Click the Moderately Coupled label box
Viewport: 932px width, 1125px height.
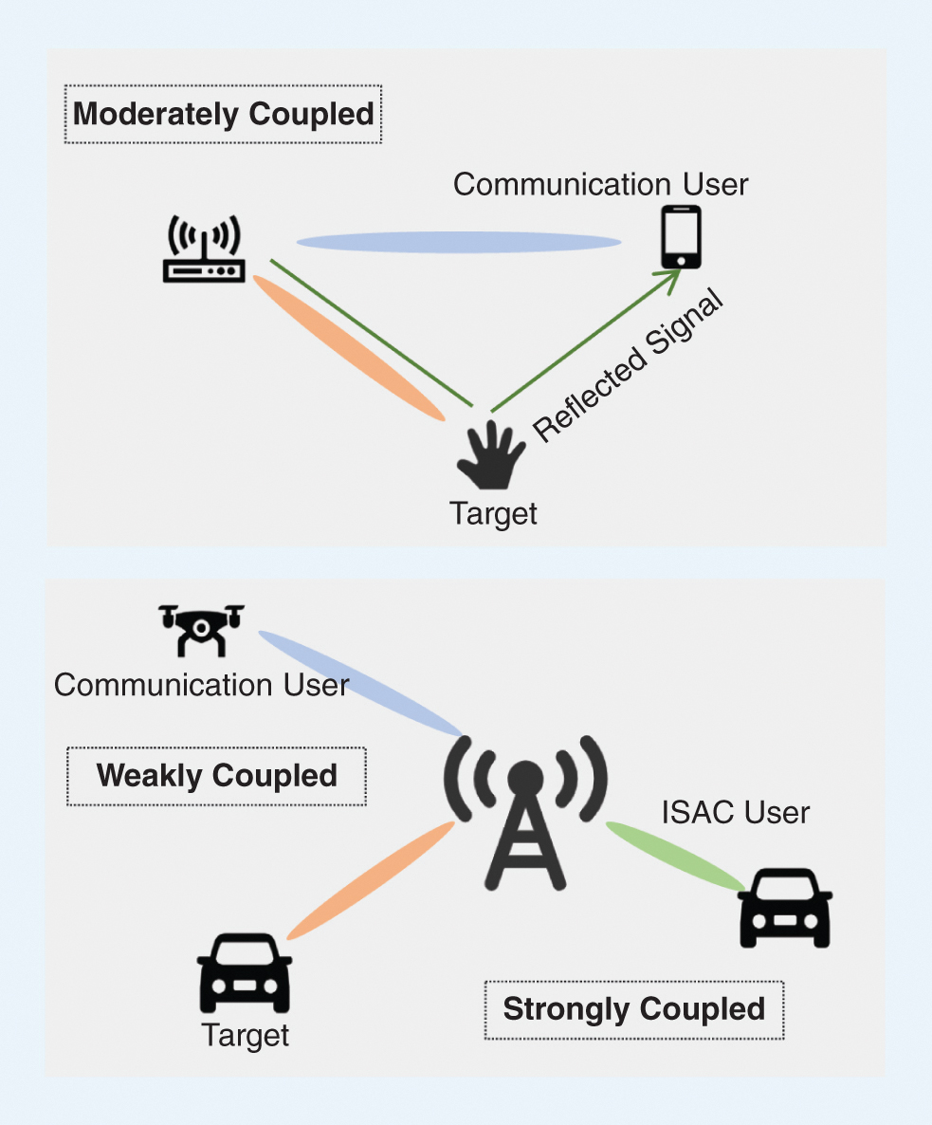[223, 115]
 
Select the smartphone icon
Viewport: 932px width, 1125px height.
[681, 237]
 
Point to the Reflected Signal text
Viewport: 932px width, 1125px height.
[628, 367]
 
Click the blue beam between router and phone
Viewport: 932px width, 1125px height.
[459, 243]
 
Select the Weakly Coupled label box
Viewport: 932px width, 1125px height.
[216, 776]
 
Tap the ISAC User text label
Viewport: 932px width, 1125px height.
[736, 812]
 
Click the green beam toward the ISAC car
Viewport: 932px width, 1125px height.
[676, 856]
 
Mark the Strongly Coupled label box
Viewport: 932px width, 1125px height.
[633, 1009]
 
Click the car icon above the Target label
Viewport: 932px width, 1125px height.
[244, 972]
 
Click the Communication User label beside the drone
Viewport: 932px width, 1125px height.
[201, 685]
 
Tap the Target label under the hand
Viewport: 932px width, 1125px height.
[493, 513]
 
